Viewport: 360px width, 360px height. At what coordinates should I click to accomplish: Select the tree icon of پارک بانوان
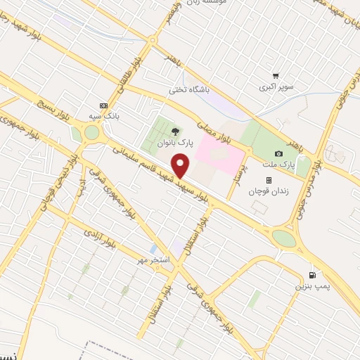(175, 131)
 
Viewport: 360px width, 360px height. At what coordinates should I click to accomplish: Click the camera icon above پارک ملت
(279, 153)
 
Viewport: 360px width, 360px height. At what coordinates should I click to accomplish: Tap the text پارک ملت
(279, 165)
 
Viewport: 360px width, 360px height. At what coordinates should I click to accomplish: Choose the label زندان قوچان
(268, 191)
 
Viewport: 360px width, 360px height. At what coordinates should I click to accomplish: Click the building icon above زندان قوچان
(268, 180)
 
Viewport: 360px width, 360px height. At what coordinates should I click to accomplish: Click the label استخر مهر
(154, 260)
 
